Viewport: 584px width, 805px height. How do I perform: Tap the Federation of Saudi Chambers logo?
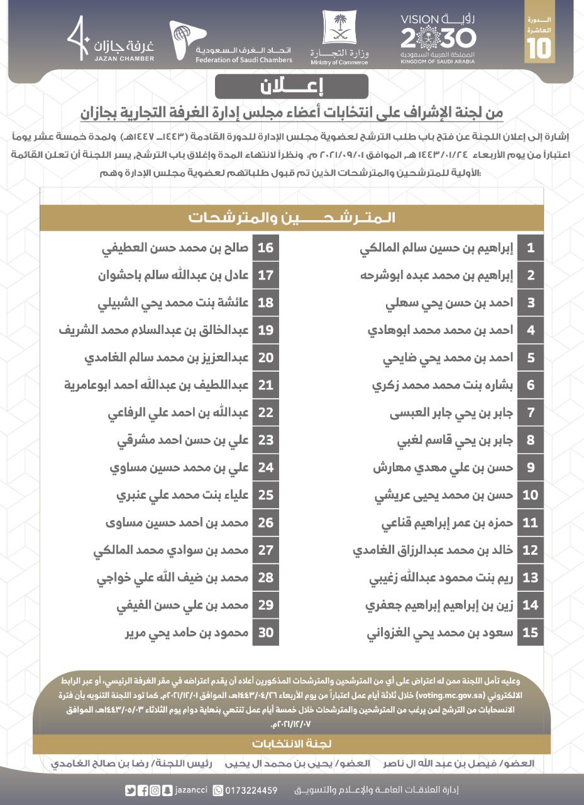231,42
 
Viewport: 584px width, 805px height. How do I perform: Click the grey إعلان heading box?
291,86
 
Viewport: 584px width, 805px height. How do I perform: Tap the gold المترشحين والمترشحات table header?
291,218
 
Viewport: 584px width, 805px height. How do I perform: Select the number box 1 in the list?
531,248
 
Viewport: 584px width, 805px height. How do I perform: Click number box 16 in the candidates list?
266,248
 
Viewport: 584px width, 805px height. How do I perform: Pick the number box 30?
266,633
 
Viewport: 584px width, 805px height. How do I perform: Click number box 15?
531,633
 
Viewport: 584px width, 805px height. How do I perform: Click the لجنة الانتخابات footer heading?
291,744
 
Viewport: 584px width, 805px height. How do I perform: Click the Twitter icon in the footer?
130,791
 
